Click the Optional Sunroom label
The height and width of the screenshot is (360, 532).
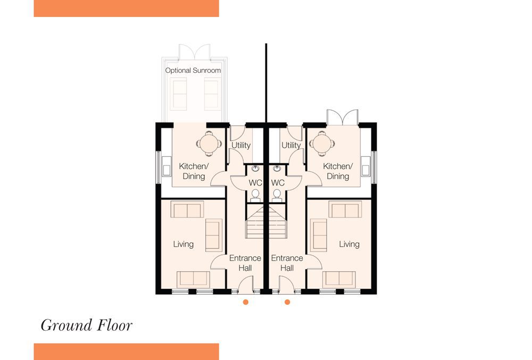coord(193,71)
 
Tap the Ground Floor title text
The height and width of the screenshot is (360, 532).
coord(87,325)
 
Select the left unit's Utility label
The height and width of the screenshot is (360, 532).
coord(241,145)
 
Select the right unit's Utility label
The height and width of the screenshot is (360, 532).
coord(291,145)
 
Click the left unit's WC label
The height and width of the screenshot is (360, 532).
coord(255,183)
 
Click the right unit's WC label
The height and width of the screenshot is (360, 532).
coord(278,183)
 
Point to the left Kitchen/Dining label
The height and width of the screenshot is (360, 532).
coord(194,171)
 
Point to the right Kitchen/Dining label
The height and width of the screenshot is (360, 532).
coord(338,171)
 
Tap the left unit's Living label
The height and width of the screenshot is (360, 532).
coord(183,244)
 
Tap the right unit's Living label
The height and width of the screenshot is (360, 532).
coord(349,244)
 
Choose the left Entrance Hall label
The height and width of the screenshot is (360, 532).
coord(245,263)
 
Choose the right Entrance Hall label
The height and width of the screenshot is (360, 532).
coord(287,263)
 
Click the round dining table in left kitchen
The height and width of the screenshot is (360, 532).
coord(209,144)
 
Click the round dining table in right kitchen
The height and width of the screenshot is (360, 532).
coord(322,144)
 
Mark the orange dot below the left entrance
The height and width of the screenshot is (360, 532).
coord(246,302)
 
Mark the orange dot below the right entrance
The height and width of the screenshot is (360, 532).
coord(287,302)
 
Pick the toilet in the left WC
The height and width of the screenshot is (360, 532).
coord(255,196)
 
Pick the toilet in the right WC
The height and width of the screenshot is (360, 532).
coord(277,196)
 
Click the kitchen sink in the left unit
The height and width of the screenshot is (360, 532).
coord(166,166)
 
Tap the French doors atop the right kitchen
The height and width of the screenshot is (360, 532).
coord(342,118)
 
